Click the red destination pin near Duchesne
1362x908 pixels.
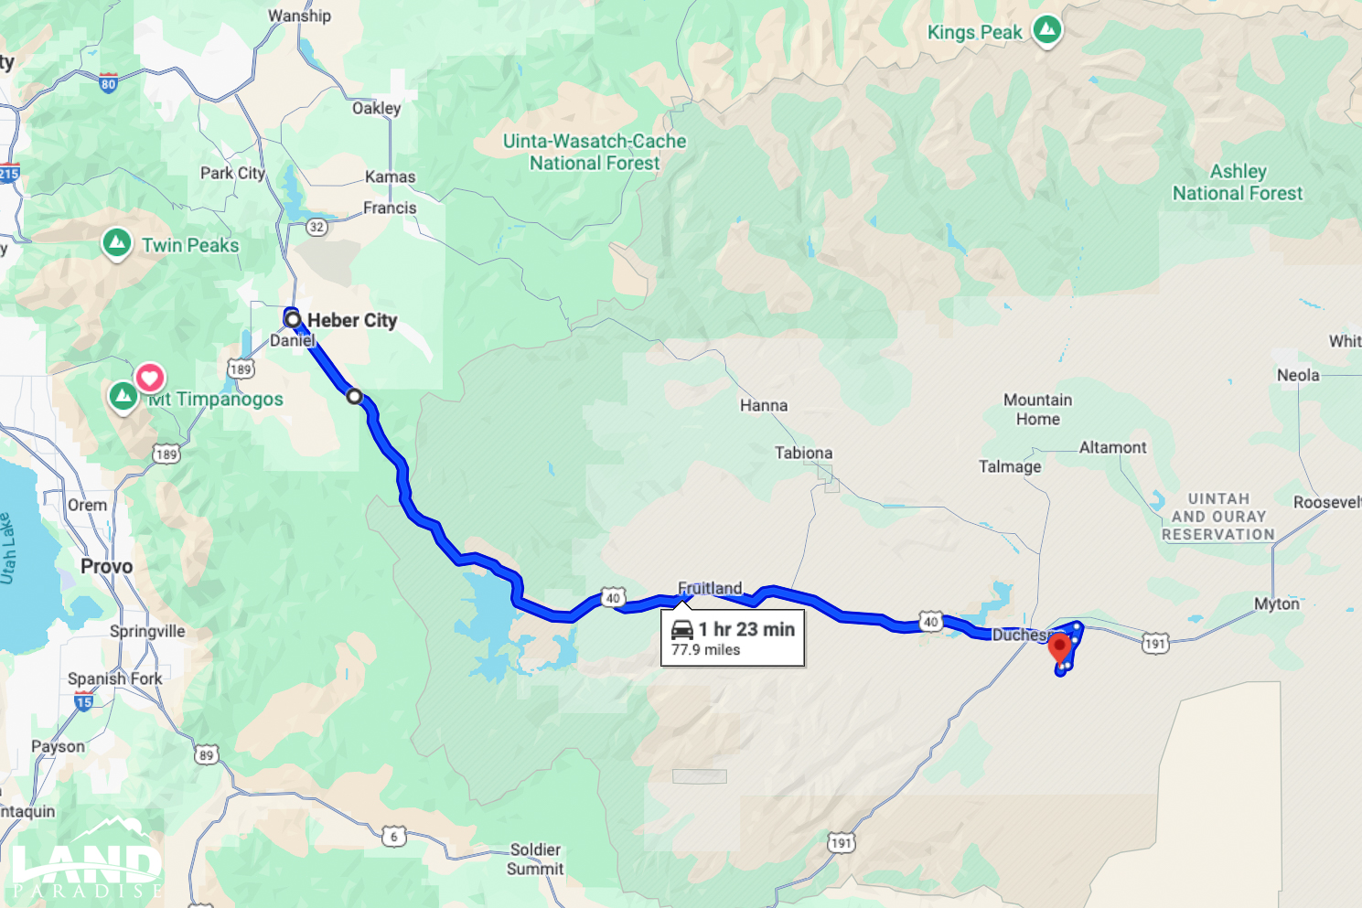tap(1059, 648)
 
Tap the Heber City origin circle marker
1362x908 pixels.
tap(293, 319)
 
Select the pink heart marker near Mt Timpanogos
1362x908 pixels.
tap(150, 378)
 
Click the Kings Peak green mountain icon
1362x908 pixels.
tap(1047, 30)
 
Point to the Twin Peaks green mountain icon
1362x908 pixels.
tap(116, 243)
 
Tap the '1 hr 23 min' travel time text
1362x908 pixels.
tap(746, 629)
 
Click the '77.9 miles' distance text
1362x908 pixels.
tap(705, 650)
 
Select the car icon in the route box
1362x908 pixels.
tap(682, 629)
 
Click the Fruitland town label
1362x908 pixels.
tap(710, 588)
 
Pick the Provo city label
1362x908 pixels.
tap(106, 566)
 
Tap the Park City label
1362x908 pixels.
tap(232, 173)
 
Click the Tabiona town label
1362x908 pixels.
tap(803, 453)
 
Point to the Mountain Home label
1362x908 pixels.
tap(1037, 410)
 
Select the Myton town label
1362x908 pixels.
tap(1276, 604)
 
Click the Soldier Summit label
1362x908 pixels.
tap(535, 859)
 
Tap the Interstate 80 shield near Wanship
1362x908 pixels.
tap(109, 83)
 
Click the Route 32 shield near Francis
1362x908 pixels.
tap(316, 227)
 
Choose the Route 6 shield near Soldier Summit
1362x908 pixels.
tap(394, 836)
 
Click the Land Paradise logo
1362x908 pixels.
tap(87, 860)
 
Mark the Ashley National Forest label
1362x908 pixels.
tap(1238, 182)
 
